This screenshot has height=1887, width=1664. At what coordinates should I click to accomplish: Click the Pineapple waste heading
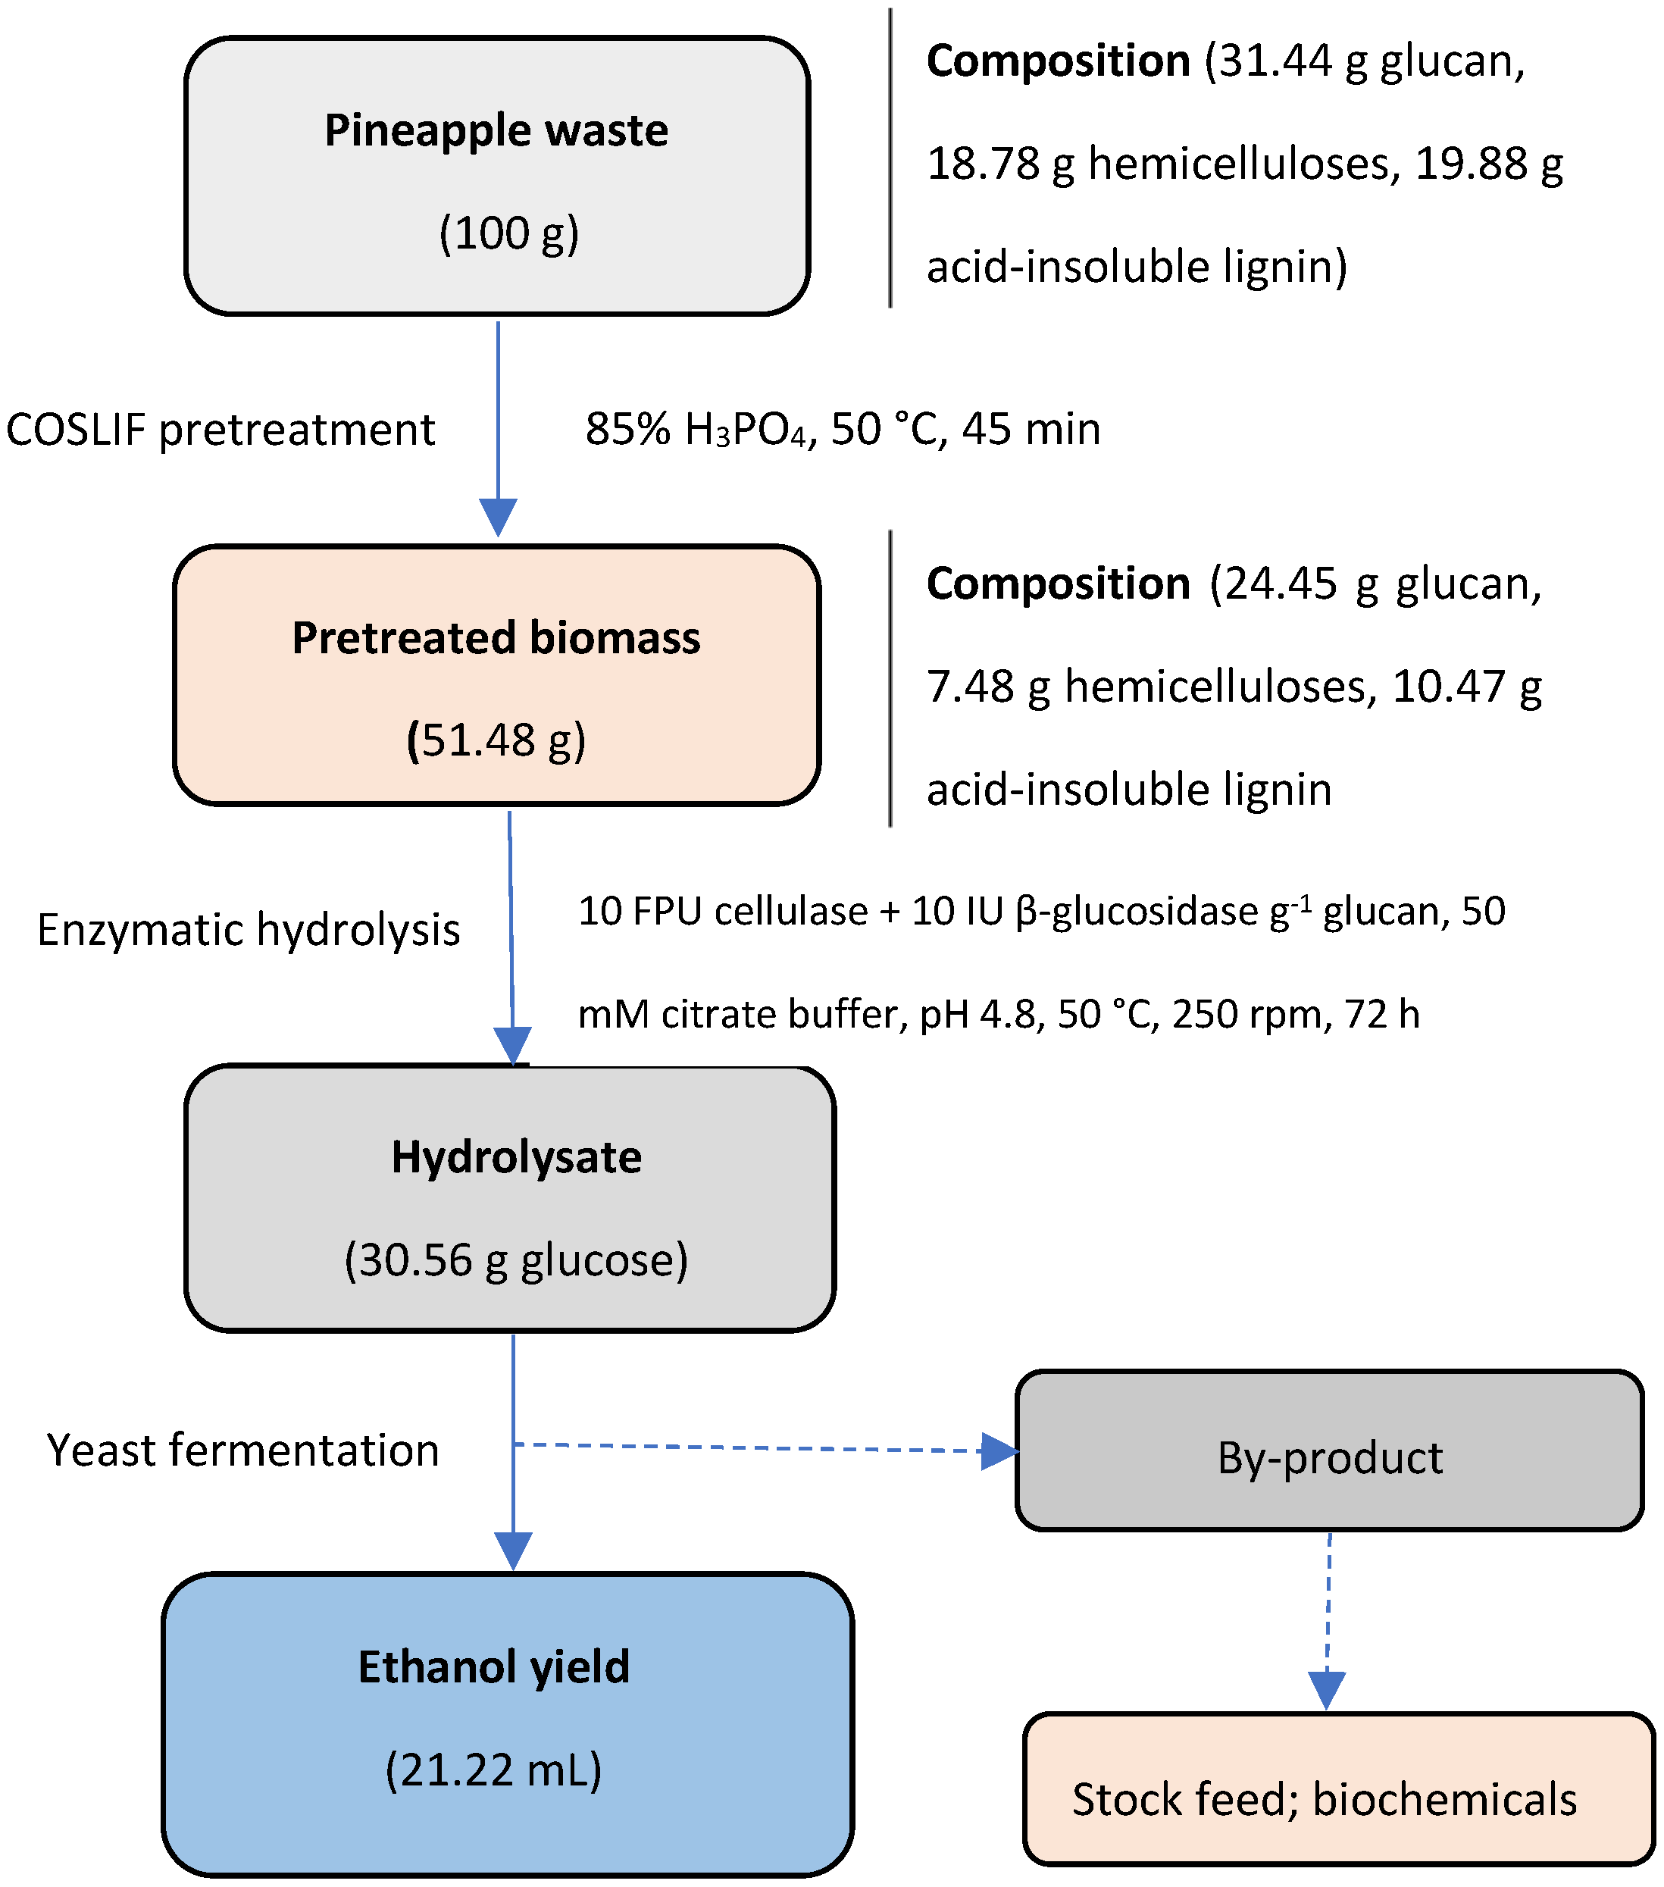click(x=496, y=130)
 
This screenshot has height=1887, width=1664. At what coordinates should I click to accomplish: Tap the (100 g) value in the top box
click(x=508, y=233)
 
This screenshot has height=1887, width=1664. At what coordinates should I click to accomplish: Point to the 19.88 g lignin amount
click(x=1487, y=164)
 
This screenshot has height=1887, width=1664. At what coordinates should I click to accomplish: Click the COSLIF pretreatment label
click(x=220, y=430)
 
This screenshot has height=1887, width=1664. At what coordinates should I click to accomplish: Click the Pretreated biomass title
click(x=496, y=638)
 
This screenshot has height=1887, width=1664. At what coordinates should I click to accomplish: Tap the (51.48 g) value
click(x=496, y=740)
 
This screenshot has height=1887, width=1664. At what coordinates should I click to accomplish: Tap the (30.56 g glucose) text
click(x=516, y=1260)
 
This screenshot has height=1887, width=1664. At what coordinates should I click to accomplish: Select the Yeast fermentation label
click(x=242, y=1450)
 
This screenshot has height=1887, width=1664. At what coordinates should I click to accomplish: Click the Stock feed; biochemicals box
click(x=1325, y=1799)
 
